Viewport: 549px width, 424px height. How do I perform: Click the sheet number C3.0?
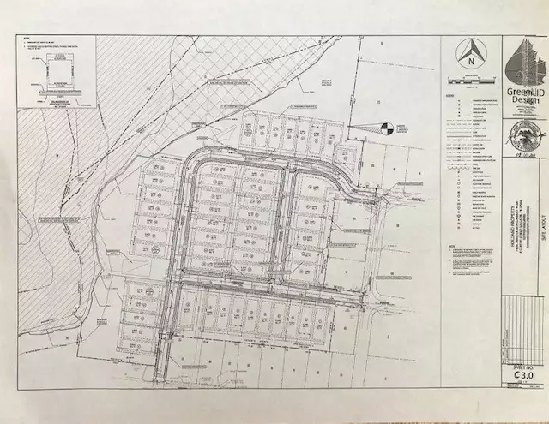click(519, 374)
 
